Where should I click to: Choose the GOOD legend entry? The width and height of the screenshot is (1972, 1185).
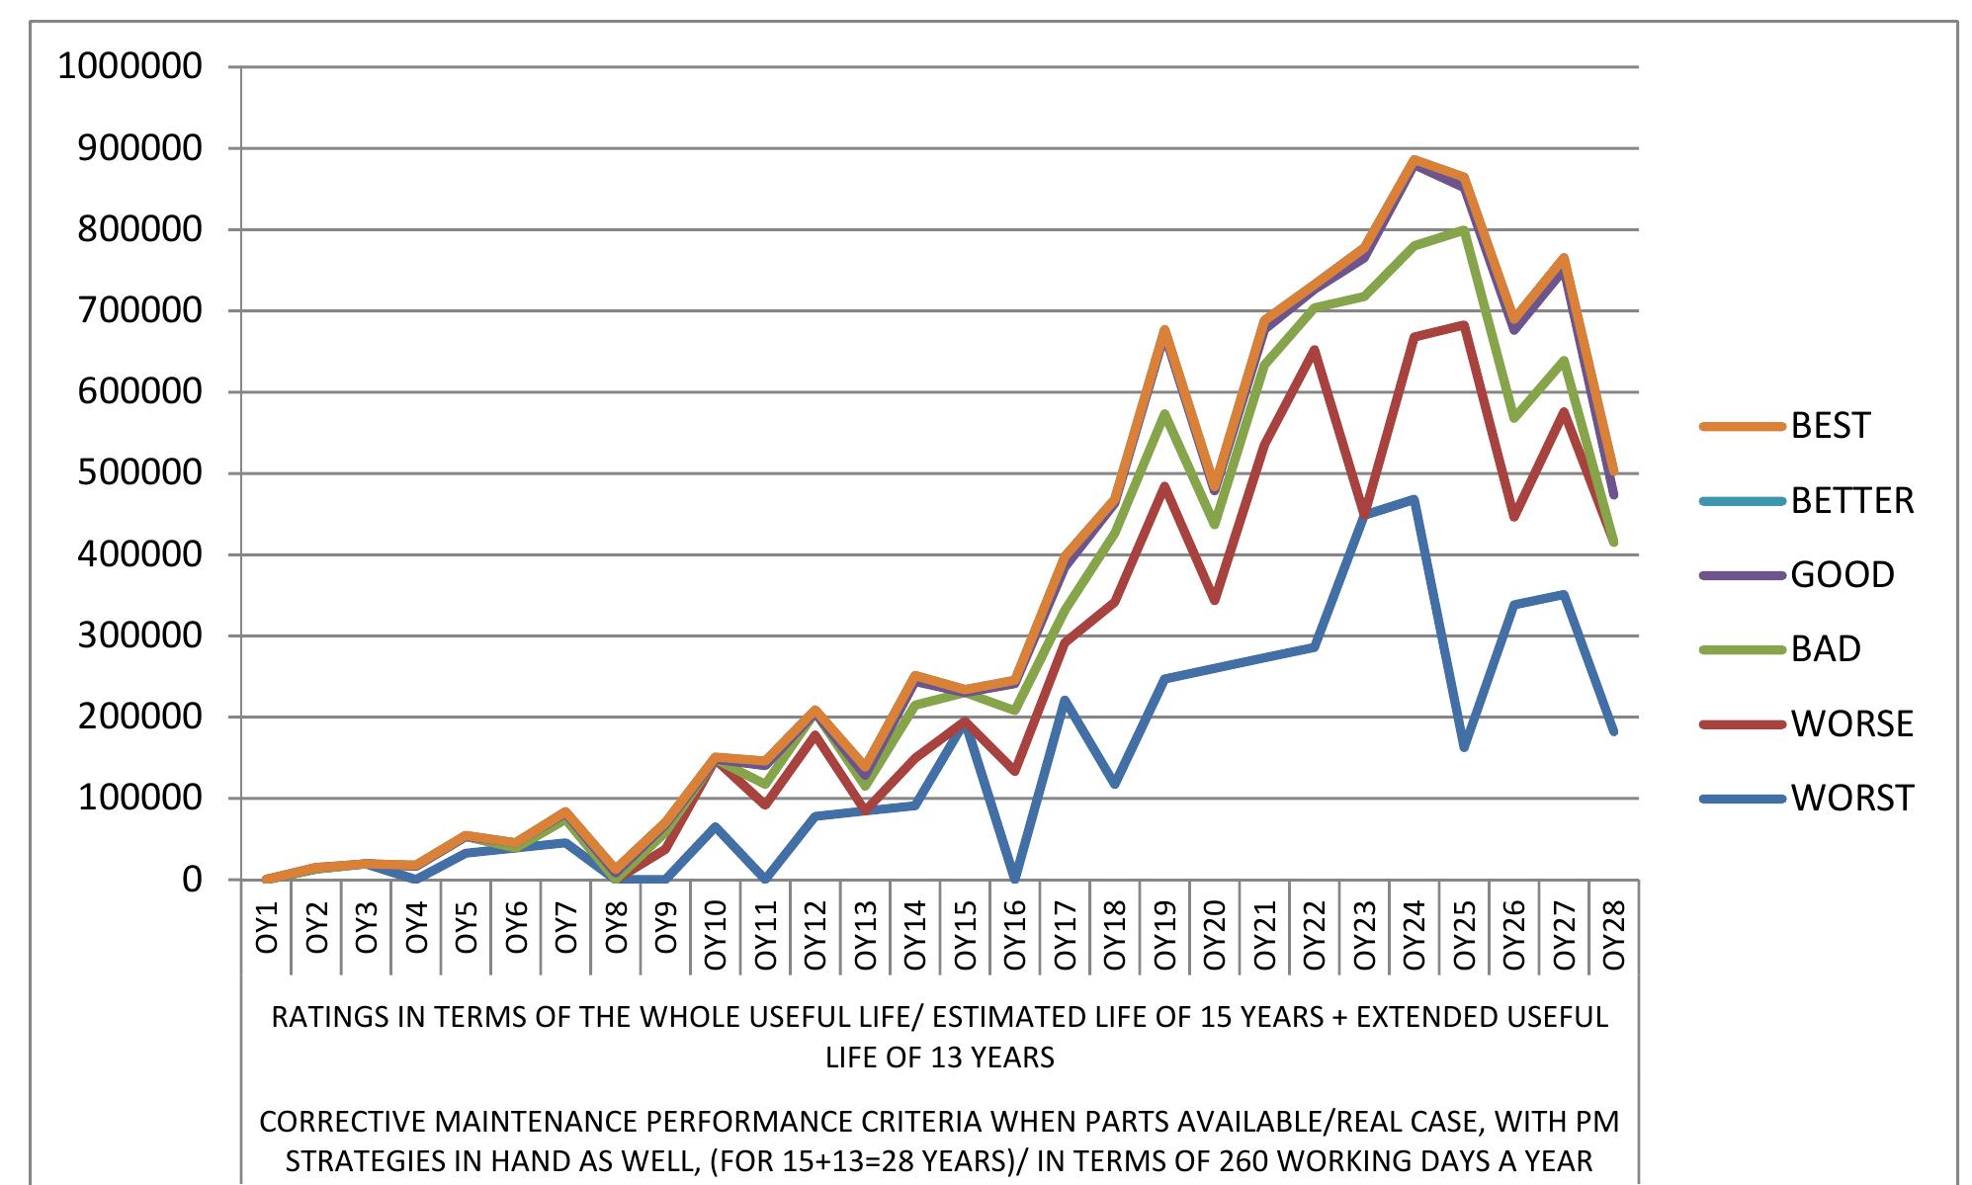[1797, 574]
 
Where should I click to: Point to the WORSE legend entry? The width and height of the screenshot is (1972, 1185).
[1807, 723]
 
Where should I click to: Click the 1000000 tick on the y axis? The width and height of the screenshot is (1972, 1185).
[130, 66]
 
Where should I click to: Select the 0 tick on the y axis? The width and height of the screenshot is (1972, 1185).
[192, 880]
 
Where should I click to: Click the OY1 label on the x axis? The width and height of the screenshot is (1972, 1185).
[267, 927]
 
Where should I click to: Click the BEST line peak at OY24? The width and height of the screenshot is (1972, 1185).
[1415, 160]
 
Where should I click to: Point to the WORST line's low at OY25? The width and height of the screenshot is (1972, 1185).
[1464, 746]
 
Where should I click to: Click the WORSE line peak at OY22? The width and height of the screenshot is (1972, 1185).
[1315, 349]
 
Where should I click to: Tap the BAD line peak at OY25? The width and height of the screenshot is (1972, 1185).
[1464, 230]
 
